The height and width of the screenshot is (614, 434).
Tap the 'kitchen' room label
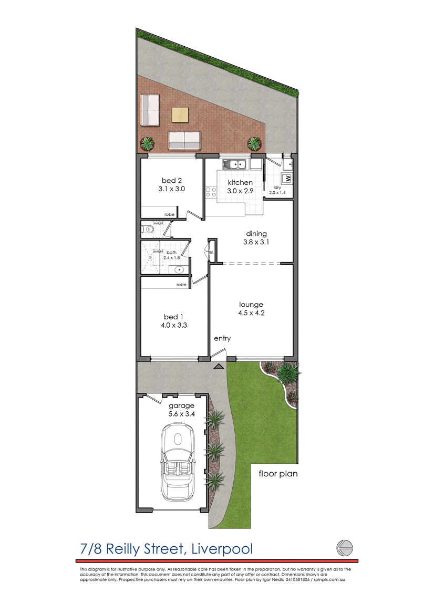click(240, 182)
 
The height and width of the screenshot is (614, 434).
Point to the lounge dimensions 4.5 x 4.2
click(251, 314)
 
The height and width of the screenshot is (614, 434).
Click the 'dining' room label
click(257, 234)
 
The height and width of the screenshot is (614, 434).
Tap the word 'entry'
click(222, 339)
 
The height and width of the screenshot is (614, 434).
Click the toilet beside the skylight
click(147, 230)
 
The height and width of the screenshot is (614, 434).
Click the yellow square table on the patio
click(180, 115)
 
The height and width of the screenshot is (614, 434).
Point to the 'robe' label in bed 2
click(169, 215)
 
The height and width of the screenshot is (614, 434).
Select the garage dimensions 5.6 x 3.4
click(181, 414)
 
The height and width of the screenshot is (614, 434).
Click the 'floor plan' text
click(278, 474)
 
